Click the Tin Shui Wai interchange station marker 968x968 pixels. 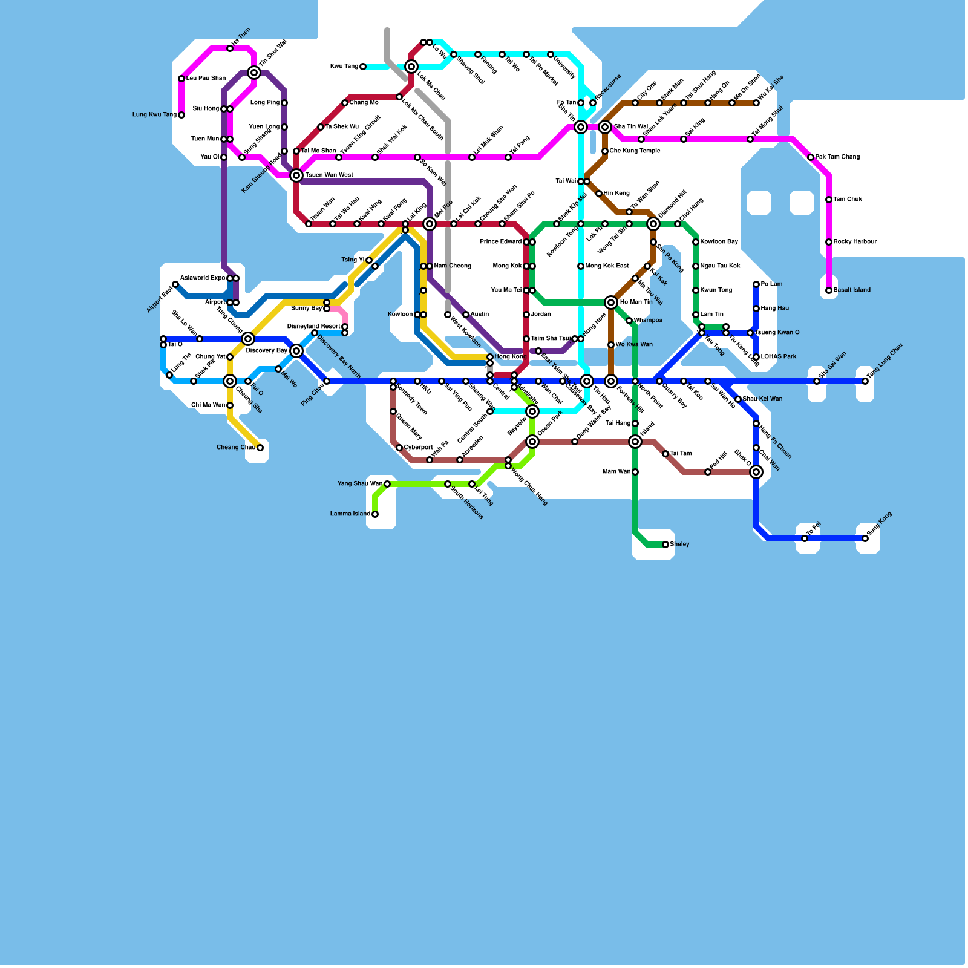pos(254,73)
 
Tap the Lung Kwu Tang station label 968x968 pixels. pos(154,115)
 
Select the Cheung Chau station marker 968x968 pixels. pos(260,448)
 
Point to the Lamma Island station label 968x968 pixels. pos(350,514)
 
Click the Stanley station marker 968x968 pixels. pos(665,544)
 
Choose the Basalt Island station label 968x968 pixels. pos(852,290)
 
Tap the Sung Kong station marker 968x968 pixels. pos(865,538)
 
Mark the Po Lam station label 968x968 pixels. pos(771,284)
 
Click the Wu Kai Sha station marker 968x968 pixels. pos(756,103)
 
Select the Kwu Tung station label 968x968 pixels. pos(344,67)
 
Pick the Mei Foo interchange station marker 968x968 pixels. pos(430,224)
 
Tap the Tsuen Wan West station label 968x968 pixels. pos(329,175)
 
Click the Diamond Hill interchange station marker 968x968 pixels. pos(653,224)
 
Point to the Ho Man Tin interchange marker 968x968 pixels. pos(611,302)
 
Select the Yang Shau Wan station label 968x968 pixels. pos(359,484)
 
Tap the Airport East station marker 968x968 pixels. pos(175,284)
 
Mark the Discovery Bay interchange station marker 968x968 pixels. pos(296,351)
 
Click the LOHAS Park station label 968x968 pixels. pos(779,357)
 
